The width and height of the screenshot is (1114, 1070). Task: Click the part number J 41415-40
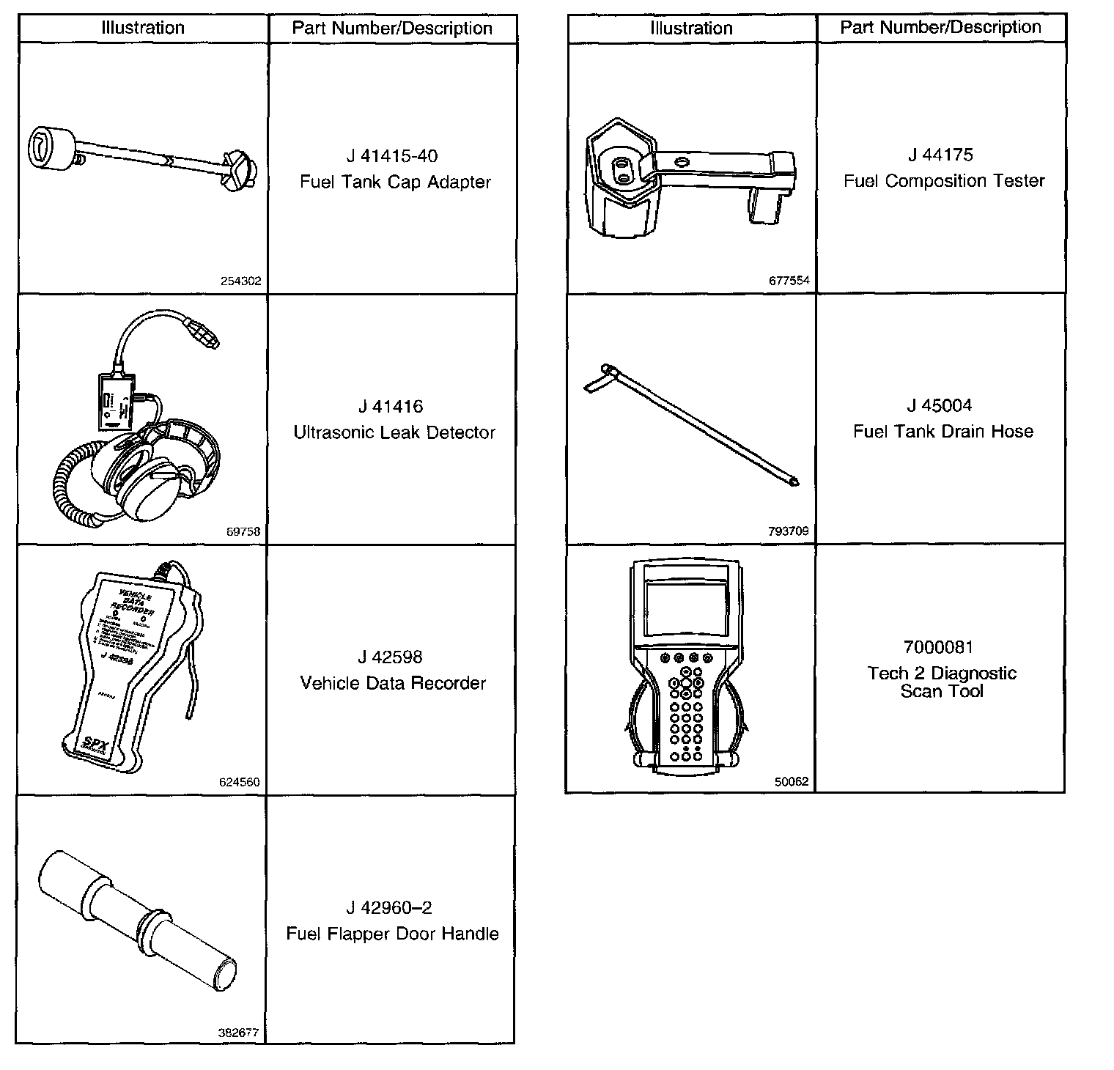[x=392, y=156]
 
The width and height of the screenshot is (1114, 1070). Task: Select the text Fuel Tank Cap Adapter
[x=395, y=182]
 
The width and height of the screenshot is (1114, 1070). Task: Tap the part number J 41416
[x=391, y=407]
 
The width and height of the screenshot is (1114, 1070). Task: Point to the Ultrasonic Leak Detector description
[x=394, y=432]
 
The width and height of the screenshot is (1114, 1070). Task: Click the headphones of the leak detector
[x=158, y=469]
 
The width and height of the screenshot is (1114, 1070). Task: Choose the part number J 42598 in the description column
[x=391, y=657]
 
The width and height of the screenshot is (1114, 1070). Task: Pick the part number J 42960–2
[x=389, y=908]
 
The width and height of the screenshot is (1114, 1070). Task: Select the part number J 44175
[x=940, y=155]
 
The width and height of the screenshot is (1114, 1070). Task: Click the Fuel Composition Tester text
[x=944, y=181]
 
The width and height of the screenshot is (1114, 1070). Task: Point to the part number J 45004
[x=940, y=405]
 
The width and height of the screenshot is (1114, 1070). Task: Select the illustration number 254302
[x=240, y=281]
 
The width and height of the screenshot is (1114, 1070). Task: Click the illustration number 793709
[x=789, y=531]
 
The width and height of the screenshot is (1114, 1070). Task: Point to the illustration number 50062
[x=792, y=781]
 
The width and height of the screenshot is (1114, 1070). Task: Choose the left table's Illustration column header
[x=143, y=28]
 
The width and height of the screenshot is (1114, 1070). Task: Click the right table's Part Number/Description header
[x=940, y=28]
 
